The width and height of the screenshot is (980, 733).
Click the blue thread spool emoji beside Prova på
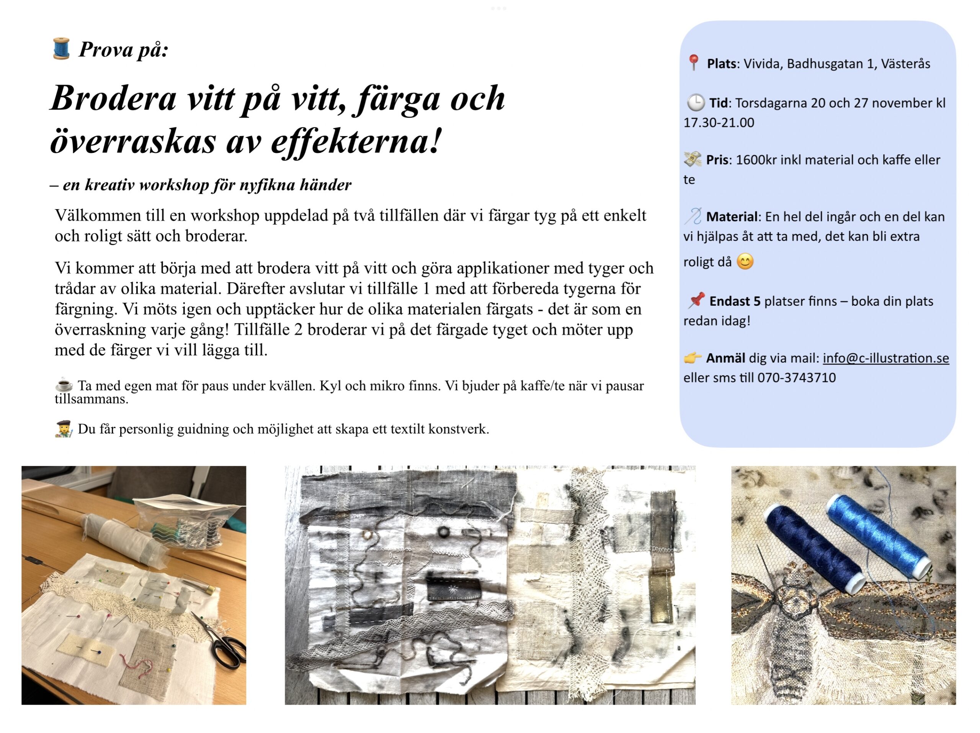click(61, 49)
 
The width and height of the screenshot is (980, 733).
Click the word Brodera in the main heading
click(113, 98)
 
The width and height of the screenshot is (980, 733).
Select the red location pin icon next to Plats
click(693, 63)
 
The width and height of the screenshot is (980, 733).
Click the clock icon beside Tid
click(696, 103)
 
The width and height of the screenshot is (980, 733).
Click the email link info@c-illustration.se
click(885, 358)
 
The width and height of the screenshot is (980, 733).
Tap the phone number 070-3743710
click(796, 378)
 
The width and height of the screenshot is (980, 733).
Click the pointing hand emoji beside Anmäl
click(693, 358)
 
